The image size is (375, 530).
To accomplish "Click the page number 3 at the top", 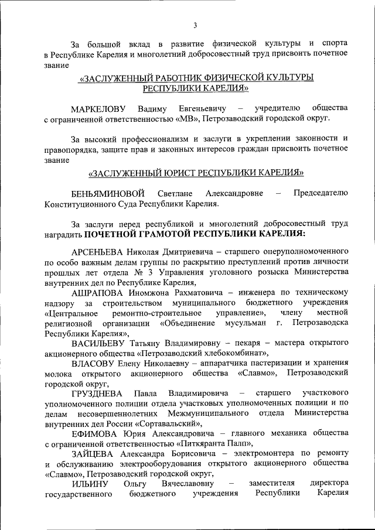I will point(195,24).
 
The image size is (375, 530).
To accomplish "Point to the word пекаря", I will point(239,343).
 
